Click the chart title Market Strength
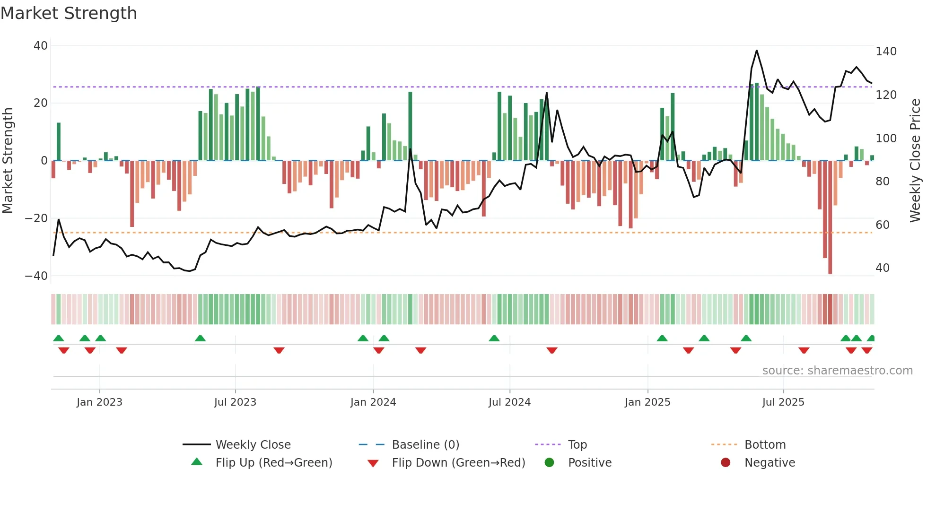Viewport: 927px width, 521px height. tap(69, 13)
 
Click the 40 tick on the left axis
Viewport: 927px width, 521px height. tap(41, 46)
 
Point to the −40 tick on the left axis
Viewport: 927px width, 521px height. tap(36, 276)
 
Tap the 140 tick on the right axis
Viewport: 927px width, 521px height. tap(886, 52)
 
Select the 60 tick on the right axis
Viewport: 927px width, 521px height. tap(883, 225)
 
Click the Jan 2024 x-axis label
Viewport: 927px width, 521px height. tap(373, 402)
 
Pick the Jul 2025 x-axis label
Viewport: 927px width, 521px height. tap(783, 402)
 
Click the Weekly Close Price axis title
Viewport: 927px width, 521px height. tap(916, 161)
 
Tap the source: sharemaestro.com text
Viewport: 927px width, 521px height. tap(837, 371)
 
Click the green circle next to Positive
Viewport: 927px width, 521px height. tap(549, 463)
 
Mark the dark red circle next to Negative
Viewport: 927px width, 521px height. tap(726, 463)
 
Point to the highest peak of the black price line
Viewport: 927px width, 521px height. tap(757, 51)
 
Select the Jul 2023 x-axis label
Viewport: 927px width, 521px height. tap(235, 402)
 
